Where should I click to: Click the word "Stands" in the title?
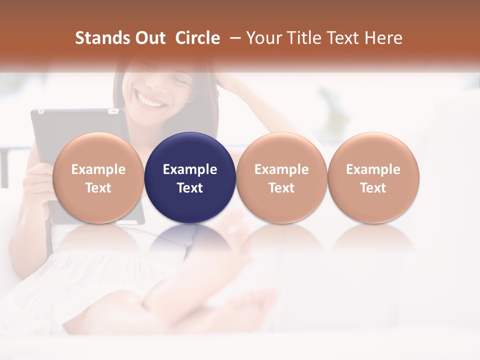(101, 38)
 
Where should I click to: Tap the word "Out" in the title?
(148, 38)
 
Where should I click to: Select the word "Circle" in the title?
(197, 38)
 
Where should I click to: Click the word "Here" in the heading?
(384, 38)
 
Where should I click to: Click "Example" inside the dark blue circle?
(190, 169)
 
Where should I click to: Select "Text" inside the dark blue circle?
(190, 188)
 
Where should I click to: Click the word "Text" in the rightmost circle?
(373, 188)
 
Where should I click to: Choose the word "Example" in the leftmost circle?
(98, 169)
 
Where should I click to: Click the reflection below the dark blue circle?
(190, 240)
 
